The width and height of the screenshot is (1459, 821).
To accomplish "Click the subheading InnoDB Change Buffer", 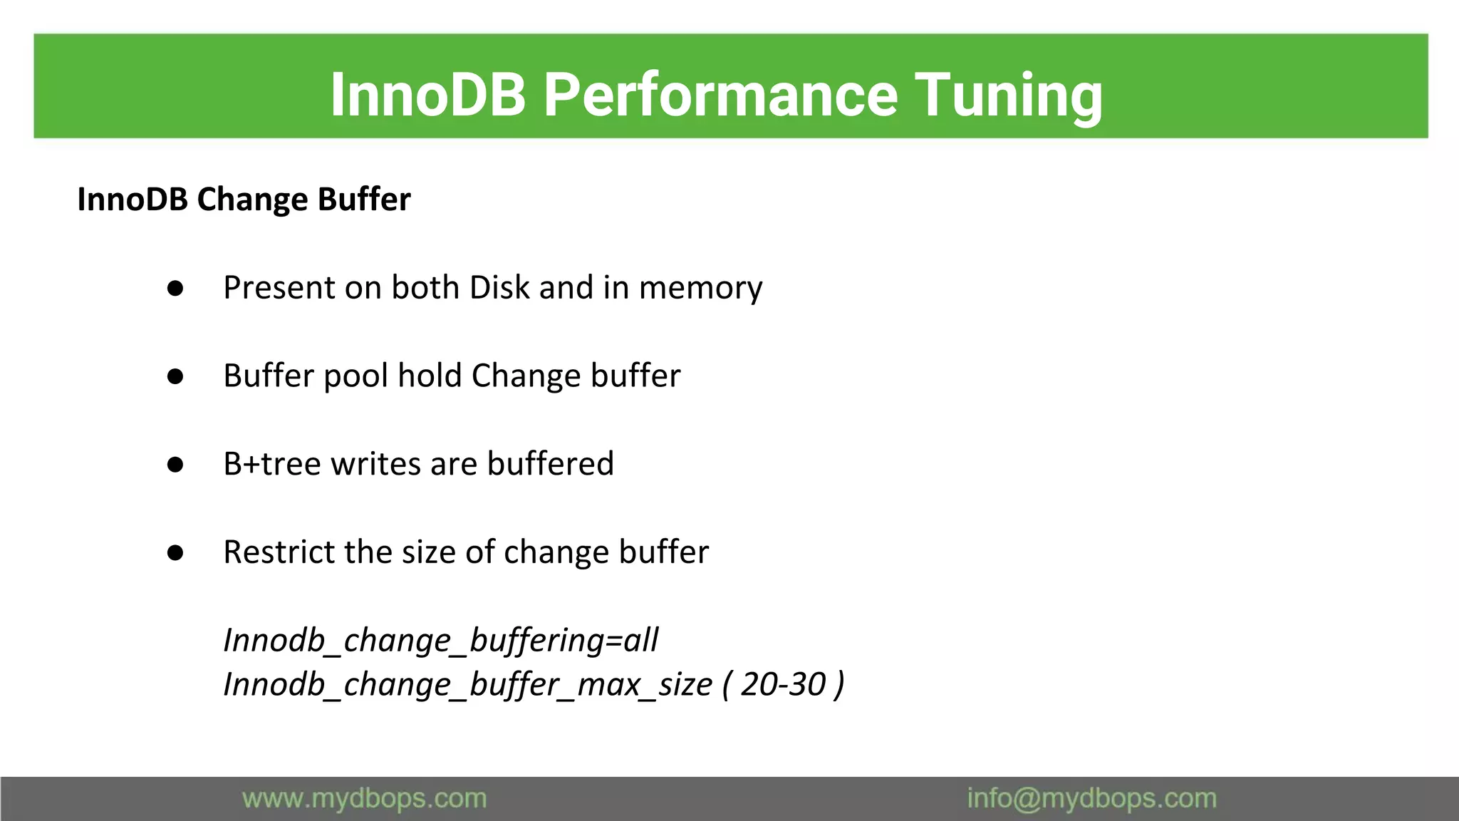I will coord(244,200).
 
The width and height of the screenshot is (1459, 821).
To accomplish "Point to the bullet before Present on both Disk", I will coord(175,289).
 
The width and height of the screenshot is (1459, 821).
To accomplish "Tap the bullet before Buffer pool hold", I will coord(175,377).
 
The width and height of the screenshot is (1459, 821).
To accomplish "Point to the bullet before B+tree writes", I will coord(175,465).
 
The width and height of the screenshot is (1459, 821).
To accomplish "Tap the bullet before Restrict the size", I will coord(175,553).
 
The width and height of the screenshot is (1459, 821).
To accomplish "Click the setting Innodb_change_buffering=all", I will coord(440,640).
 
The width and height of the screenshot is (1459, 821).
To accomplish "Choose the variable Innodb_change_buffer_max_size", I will coord(467,685).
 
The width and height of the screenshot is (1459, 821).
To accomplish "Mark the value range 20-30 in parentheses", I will coord(783,684).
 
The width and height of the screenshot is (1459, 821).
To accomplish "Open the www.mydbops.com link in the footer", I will coord(364,799).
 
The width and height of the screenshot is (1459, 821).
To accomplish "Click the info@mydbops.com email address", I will coord(1091,799).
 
